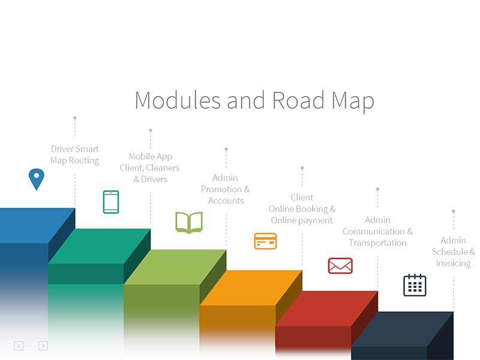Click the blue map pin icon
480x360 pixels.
[x=37, y=178]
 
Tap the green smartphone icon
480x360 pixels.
[x=111, y=202]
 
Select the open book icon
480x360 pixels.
[x=189, y=222]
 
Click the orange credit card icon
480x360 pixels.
[x=265, y=241]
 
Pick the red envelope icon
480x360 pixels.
[x=340, y=265]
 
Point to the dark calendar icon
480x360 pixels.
[x=415, y=285]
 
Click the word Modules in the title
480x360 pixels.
[x=178, y=100]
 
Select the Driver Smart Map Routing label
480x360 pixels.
[x=75, y=155]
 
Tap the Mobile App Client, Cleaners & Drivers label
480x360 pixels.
[x=150, y=168]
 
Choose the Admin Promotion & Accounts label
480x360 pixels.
[x=226, y=189]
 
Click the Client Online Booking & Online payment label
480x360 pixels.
[x=302, y=209]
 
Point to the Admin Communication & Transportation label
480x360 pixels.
[x=377, y=232]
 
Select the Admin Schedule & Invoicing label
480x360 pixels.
[x=454, y=252]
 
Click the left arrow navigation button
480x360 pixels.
[x=19, y=346]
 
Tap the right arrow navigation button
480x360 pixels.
[x=43, y=346]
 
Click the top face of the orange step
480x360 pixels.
[x=251, y=287]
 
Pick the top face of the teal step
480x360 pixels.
[x=99, y=246]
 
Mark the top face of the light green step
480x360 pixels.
[x=175, y=267]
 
